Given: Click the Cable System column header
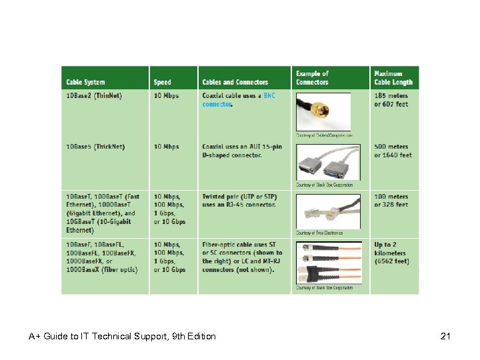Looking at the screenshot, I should click(85, 82).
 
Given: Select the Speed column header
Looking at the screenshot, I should click(162, 82).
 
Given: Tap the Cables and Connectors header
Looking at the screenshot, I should click(235, 82).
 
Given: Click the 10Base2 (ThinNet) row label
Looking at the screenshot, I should click(94, 95).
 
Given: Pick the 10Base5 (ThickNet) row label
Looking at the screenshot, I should click(95, 147).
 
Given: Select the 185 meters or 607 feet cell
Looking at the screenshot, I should click(391, 100).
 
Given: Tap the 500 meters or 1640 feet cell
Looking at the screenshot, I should click(393, 151).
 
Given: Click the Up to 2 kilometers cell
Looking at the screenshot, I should click(391, 253).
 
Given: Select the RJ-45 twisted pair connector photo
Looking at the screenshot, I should click(328, 211).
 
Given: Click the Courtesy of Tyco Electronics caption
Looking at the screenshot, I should click(319, 233).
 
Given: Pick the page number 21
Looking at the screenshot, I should click(445, 336).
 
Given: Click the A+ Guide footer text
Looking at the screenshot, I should click(122, 336).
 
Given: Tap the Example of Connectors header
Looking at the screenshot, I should click(313, 78).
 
